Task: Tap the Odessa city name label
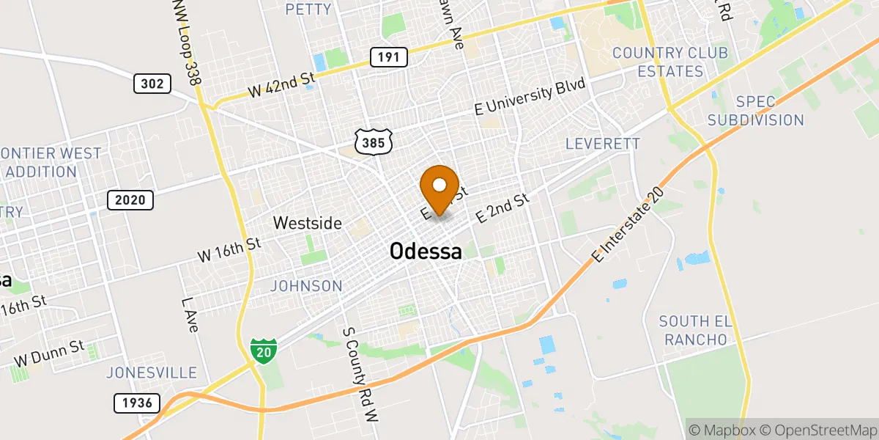pyautogui.click(x=426, y=252)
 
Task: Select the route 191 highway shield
pyautogui.click(x=388, y=56)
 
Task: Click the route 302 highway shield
pyautogui.click(x=152, y=84)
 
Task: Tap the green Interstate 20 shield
pyautogui.click(x=263, y=351)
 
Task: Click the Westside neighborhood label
pyautogui.click(x=308, y=222)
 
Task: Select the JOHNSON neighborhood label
pyautogui.click(x=306, y=286)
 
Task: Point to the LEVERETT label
pyautogui.click(x=603, y=144)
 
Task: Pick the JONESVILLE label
pyautogui.click(x=152, y=373)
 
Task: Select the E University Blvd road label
pyautogui.click(x=530, y=97)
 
